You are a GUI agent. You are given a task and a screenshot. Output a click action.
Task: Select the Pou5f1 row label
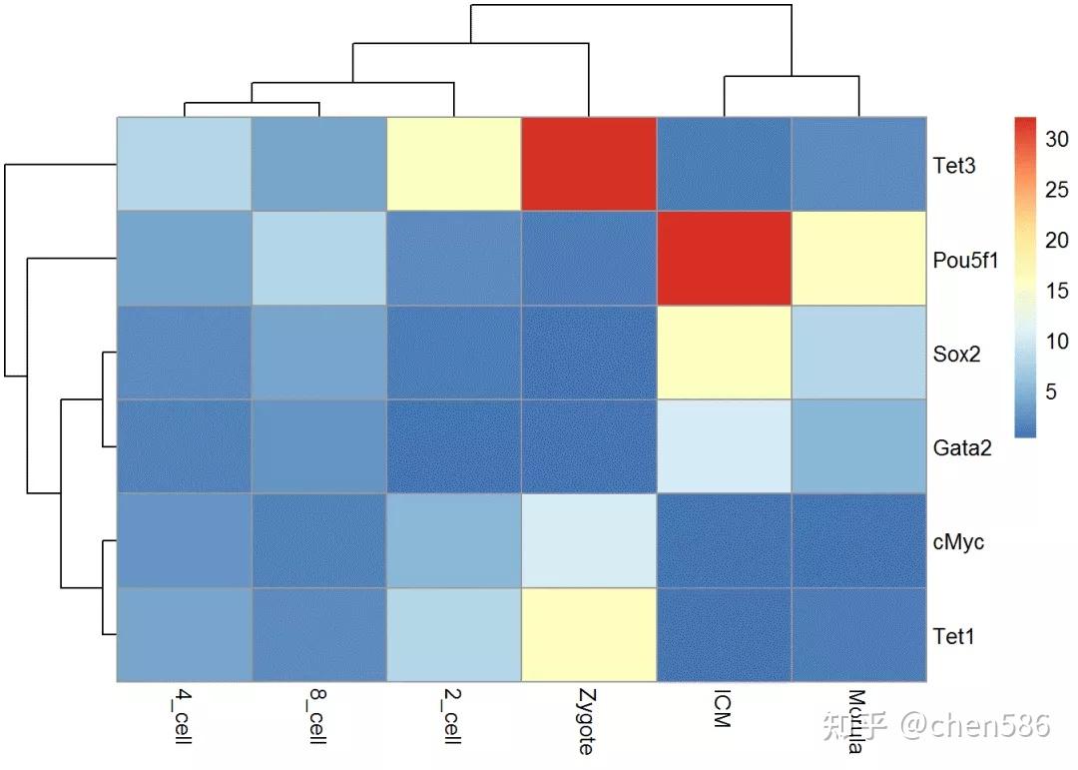coord(964,260)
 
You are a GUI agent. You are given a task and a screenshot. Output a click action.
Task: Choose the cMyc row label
coord(957,542)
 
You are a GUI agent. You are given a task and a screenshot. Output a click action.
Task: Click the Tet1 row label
coord(953,636)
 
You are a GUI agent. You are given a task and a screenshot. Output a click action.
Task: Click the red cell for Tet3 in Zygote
coord(589,164)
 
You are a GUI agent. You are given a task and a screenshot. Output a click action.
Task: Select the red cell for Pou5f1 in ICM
coord(724,259)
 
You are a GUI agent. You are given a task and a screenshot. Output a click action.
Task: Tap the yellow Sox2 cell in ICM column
coord(724,353)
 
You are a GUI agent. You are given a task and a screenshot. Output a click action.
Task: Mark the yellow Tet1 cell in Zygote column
coord(589,635)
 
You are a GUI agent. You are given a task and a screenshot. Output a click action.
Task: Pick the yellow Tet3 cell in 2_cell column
coord(454,164)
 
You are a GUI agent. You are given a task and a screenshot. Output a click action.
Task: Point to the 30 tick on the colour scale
coord(1057,140)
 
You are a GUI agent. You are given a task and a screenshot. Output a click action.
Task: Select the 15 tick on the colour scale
coord(1057,291)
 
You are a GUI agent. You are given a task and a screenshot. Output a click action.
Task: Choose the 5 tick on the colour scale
coord(1051,391)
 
